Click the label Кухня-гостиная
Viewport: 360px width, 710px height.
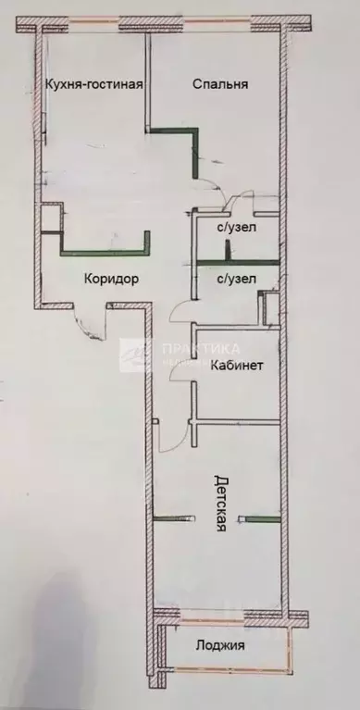[x=93, y=85]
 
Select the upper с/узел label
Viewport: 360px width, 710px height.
[x=236, y=226]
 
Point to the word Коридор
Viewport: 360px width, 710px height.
[x=111, y=279]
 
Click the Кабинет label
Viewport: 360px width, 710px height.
[x=238, y=366]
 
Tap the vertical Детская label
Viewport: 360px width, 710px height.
[x=220, y=504]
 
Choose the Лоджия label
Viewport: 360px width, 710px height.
[x=221, y=646]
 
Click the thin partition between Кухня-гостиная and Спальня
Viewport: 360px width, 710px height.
[x=146, y=83]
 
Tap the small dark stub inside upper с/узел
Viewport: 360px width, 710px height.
[x=226, y=248]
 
